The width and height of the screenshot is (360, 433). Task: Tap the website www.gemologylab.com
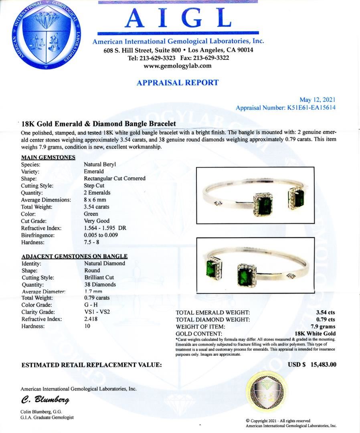(x=178, y=66)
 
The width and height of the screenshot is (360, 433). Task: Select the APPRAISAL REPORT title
(x=178, y=83)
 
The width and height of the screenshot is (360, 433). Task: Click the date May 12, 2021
(x=318, y=100)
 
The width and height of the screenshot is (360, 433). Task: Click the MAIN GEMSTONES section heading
(x=48, y=157)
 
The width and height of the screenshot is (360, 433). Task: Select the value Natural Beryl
(x=100, y=164)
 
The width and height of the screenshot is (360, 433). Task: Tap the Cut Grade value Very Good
(x=97, y=221)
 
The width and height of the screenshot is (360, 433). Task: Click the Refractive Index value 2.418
(x=91, y=319)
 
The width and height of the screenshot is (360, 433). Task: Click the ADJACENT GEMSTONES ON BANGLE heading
(x=74, y=256)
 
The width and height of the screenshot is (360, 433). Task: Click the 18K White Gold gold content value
(x=315, y=334)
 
